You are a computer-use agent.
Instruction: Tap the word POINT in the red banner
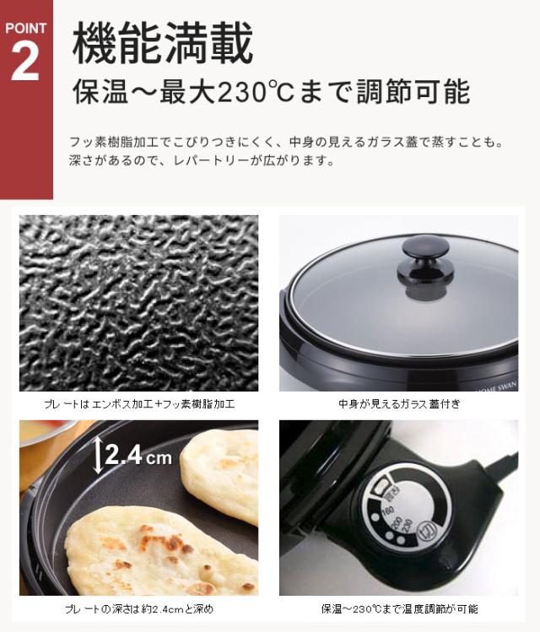click(x=25, y=27)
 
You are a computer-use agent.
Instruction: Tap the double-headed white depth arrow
click(x=99, y=456)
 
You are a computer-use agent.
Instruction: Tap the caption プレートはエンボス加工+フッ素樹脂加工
click(x=139, y=405)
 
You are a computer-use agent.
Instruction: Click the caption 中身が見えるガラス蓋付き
click(x=398, y=405)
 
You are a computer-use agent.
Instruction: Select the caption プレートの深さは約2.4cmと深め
click(x=139, y=609)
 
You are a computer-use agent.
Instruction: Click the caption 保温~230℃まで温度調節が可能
click(x=399, y=609)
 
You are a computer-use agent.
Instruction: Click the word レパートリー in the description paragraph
click(x=207, y=160)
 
